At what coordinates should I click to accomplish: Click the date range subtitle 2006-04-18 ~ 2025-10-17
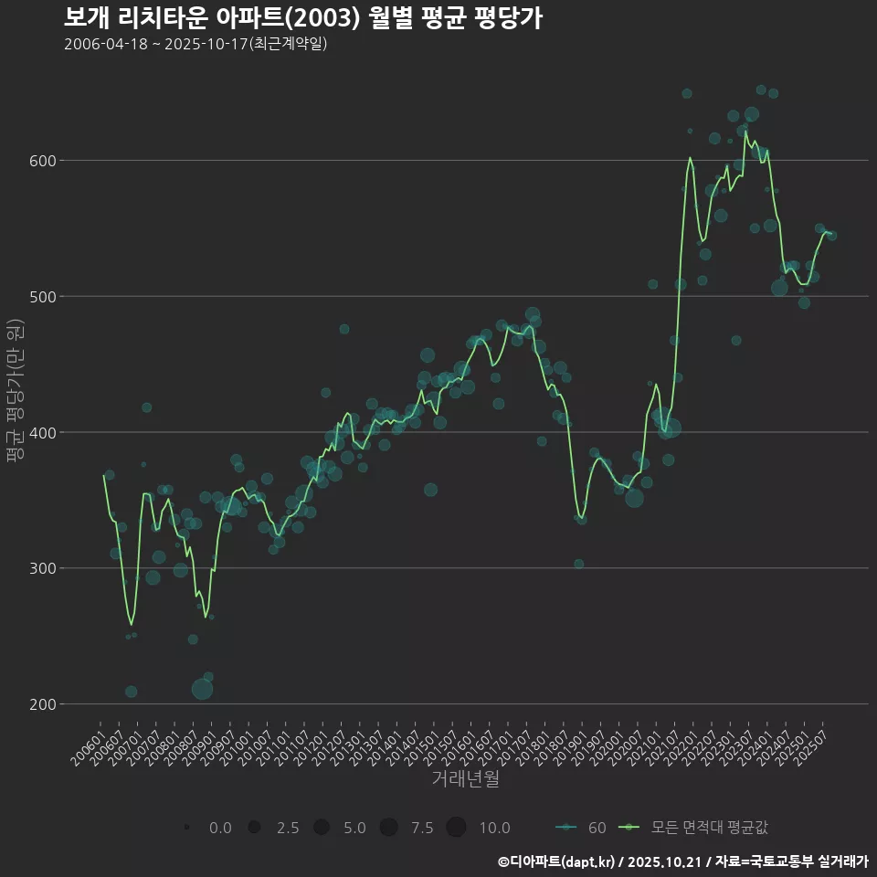[x=195, y=44]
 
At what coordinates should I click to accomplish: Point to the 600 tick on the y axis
[x=40, y=161]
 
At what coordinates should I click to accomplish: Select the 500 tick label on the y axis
[x=40, y=297]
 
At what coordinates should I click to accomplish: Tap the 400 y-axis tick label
[x=40, y=432]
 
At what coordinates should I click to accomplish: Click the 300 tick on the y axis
[x=40, y=568]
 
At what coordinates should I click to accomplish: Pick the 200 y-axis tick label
[x=40, y=704]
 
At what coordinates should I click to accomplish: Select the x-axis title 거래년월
[x=465, y=779]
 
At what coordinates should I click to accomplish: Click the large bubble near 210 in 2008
[x=203, y=689]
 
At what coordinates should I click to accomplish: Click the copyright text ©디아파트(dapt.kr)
[x=556, y=861]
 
